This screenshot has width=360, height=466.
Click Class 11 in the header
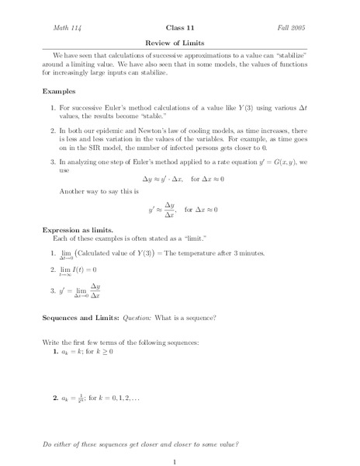[180, 26]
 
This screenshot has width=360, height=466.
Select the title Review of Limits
[179, 43]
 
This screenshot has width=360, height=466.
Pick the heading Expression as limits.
[78, 229]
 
